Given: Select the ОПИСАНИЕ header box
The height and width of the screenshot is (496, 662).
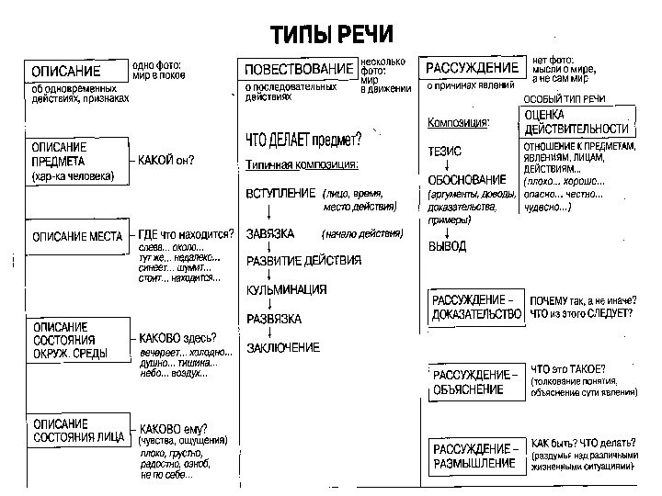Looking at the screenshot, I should point(76,71).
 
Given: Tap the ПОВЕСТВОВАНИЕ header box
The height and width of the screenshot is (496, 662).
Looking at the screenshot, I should point(298,70).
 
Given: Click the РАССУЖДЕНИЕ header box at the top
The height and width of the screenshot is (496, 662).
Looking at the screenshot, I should point(473,68).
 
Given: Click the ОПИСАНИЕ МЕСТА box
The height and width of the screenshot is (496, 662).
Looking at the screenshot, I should point(77,236).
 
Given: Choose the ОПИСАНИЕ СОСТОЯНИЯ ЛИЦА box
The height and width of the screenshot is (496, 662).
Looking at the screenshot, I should point(76,430).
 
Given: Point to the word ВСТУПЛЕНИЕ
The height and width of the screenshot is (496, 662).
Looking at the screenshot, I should point(280,195).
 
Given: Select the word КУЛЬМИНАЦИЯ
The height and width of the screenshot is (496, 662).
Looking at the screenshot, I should point(286,290).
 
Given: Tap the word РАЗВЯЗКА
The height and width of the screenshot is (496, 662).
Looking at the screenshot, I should point(274,319).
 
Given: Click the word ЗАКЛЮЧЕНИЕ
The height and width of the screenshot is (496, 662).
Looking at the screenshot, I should point(283,348).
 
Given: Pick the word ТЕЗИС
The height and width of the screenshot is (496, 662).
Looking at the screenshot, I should point(445,150).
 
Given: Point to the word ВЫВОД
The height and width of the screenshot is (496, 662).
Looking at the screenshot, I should point(447,247).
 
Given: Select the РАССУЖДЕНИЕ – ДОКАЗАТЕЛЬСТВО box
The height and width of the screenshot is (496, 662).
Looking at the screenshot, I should point(476,307).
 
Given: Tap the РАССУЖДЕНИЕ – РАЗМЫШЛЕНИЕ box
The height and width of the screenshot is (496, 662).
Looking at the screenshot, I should point(474,457).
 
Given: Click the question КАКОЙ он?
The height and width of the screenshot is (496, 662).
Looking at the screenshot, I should point(166,160).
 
